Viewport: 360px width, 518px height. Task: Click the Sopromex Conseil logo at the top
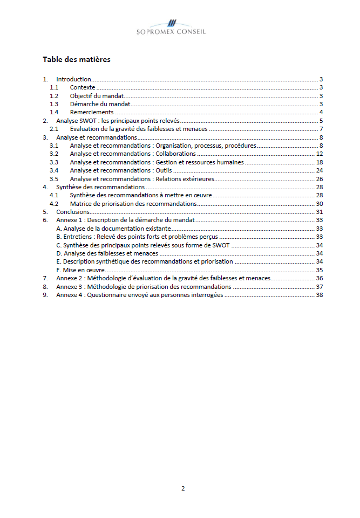coord(171,27)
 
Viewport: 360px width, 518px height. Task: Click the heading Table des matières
coord(76,59)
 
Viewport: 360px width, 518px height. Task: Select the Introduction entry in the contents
coord(73,79)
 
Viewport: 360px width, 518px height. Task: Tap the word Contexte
coord(83,87)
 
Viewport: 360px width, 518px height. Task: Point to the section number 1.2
coord(53,96)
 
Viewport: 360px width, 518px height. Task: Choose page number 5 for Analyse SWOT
coord(321,121)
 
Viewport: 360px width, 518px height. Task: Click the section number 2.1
coord(53,129)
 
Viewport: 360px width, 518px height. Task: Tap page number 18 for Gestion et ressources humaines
coord(320,162)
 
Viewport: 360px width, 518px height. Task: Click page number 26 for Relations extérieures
coord(320,179)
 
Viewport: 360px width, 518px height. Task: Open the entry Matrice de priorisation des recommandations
coord(133,204)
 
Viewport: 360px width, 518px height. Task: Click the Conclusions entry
coord(73,212)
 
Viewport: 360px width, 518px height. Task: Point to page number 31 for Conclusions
coord(320,212)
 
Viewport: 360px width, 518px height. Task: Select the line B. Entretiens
coord(137,237)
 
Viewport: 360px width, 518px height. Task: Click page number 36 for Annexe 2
coord(320,278)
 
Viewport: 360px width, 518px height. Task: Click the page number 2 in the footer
coord(182,489)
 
